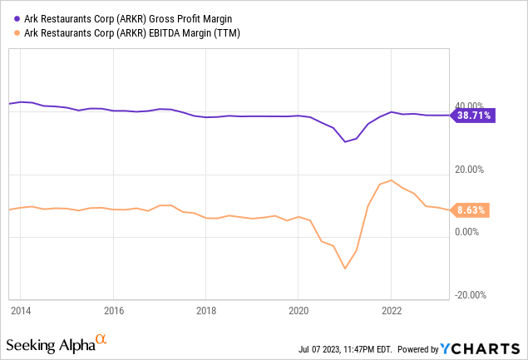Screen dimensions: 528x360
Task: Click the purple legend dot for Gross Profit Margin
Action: click(17, 19)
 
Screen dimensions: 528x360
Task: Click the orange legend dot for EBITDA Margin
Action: click(17, 33)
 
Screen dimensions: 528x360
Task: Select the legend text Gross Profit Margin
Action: click(190, 19)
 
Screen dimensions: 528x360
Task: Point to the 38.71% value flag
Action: click(474, 116)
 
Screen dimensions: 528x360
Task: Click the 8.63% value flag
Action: click(471, 210)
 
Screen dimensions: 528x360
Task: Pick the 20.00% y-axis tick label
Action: click(470, 170)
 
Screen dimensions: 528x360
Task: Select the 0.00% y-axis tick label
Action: click(466, 232)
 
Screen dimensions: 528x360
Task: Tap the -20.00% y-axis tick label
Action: click(471, 295)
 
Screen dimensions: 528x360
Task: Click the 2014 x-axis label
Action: click(21, 310)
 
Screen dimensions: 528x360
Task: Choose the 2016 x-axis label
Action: click(114, 310)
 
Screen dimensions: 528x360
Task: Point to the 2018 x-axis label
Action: click(206, 310)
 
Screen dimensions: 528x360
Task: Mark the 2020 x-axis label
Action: click(299, 310)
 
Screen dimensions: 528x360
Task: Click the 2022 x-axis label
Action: click(392, 310)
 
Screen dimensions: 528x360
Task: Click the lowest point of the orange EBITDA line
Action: click(345, 269)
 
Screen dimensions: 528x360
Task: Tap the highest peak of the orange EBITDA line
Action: click(391, 180)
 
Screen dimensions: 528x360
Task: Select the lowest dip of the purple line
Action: click(345, 142)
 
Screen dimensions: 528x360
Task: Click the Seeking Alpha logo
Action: click(57, 344)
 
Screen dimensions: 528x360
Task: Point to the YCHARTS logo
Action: click(480, 349)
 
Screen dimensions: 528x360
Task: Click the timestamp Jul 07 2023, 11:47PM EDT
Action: click(345, 349)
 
